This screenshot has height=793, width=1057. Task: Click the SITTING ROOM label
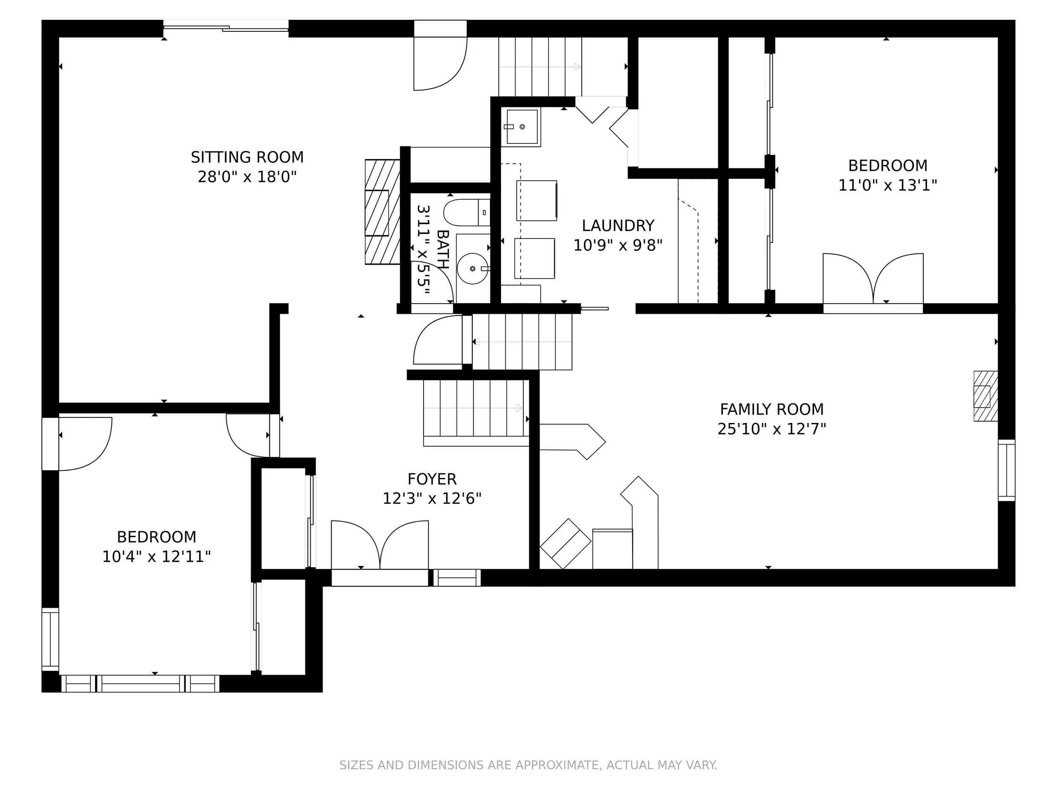(247, 157)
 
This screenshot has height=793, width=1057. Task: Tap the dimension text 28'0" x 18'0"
(247, 177)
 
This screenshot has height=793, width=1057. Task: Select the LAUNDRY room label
(618, 225)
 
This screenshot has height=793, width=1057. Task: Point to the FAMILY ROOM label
(772, 410)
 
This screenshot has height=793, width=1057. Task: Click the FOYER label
(432, 479)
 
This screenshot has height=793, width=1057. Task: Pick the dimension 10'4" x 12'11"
(157, 557)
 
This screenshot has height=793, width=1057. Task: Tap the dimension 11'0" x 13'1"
(888, 186)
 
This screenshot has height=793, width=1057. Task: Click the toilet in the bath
(466, 213)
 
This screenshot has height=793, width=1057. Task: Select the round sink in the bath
(473, 269)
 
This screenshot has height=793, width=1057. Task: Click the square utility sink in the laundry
(521, 127)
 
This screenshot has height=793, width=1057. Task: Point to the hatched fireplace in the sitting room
(382, 212)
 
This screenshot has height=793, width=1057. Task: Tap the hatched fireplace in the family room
(985, 396)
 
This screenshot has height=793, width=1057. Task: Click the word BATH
(443, 250)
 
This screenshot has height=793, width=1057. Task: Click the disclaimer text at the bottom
(528, 765)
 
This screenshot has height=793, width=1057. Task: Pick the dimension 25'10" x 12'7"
(772, 429)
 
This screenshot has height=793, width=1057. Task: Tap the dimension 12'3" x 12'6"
(432, 499)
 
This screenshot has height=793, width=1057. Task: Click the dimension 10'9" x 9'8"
(618, 246)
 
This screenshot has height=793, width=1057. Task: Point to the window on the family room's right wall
(1006, 470)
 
